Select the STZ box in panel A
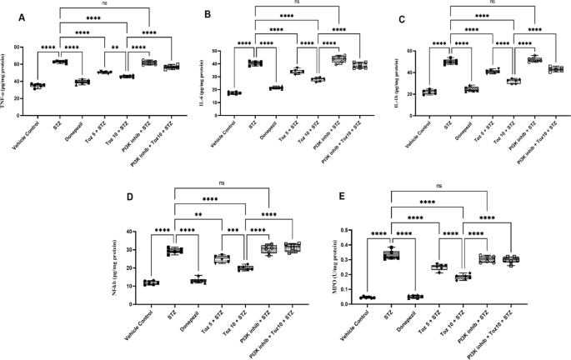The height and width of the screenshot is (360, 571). [x=60, y=62]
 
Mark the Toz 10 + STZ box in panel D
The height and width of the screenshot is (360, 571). [x=245, y=267]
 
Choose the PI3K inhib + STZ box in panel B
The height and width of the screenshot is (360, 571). [x=338, y=59]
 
